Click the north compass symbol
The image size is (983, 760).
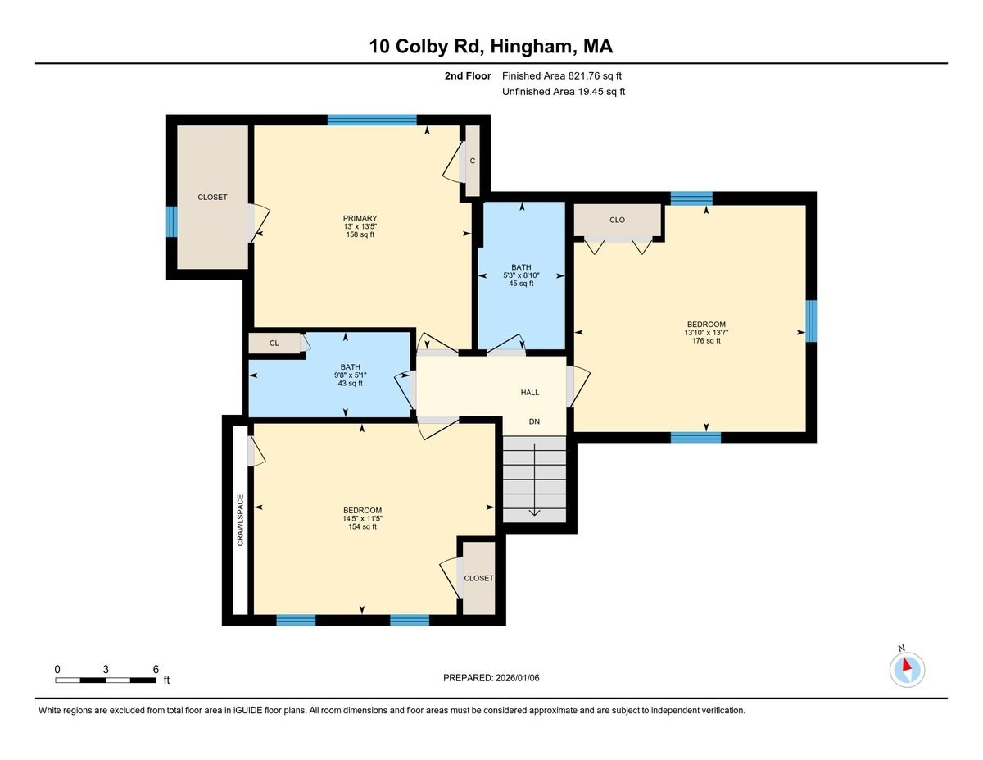pyautogui.click(x=907, y=668)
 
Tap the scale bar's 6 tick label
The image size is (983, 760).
pyautogui.click(x=155, y=669)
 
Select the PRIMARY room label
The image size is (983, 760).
pyautogui.click(x=360, y=218)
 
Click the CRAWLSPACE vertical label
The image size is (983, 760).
pyautogui.click(x=240, y=520)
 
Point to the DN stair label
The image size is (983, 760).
pyautogui.click(x=534, y=421)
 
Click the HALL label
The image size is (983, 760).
pyautogui.click(x=530, y=393)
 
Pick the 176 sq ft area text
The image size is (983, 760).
pyautogui.click(x=706, y=341)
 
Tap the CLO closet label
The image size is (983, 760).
pyautogui.click(x=617, y=220)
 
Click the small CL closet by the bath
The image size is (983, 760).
pyautogui.click(x=274, y=344)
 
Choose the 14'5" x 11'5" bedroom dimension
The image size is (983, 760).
pyautogui.click(x=362, y=519)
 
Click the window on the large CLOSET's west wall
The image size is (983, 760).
pyautogui.click(x=171, y=221)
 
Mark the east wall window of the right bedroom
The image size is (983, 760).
pyautogui.click(x=811, y=321)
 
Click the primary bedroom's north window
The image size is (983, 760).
pyautogui.click(x=372, y=120)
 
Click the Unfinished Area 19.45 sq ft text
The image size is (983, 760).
pyautogui.click(x=564, y=92)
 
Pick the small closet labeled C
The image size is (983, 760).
pyautogui.click(x=473, y=161)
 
